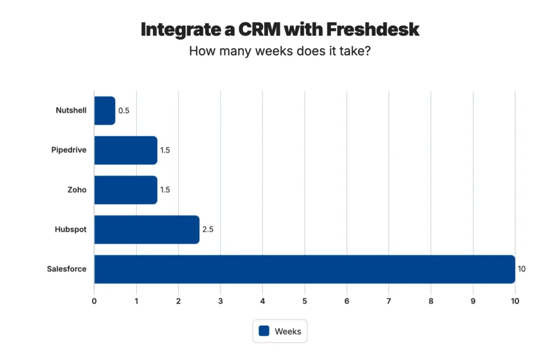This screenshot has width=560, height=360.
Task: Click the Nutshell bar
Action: pos(104,111)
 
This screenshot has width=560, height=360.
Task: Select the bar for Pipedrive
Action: pos(125,150)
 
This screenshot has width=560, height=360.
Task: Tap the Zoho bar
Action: pos(125,190)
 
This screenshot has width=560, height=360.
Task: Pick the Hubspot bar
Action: pos(147,229)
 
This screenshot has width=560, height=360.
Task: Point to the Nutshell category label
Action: pos(71,111)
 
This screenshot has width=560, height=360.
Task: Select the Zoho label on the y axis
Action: pos(78,190)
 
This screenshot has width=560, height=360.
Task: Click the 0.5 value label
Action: pos(124,111)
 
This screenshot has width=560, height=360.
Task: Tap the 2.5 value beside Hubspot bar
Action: pos(208,229)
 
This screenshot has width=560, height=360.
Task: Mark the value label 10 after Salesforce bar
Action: pos(521,269)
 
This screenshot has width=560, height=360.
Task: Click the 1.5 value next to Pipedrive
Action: pos(165,150)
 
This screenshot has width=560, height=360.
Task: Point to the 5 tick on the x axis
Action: pos(305,301)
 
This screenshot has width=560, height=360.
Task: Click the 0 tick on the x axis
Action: pos(94,301)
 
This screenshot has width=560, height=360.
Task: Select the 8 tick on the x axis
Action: pos(431,301)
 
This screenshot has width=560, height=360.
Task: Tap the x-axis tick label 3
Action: pos(220,301)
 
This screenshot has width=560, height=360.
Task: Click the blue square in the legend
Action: pos(265,331)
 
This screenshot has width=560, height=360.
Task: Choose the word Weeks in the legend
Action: pos(288,331)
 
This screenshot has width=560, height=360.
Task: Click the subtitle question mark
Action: pos(367,51)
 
